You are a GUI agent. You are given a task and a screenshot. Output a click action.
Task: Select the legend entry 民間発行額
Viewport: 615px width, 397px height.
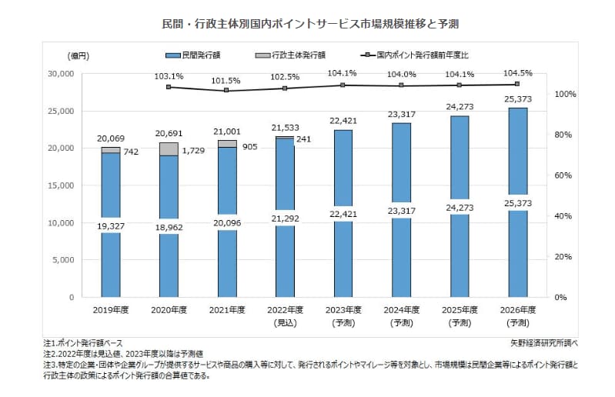pyautogui.click(x=199, y=55)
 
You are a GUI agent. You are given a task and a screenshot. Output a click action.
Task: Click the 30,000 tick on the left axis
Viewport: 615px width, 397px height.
pyautogui.click(x=59, y=74)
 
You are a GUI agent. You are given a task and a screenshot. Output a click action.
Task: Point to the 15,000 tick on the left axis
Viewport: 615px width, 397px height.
pyautogui.click(x=59, y=185)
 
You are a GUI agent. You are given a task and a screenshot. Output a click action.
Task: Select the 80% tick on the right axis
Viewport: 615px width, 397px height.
pyautogui.click(x=566, y=135)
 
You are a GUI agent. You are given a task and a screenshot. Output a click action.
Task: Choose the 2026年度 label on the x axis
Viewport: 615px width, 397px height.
pyautogui.click(x=516, y=309)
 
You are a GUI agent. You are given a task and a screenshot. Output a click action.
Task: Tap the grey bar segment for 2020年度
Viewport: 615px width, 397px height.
pyautogui.click(x=169, y=149)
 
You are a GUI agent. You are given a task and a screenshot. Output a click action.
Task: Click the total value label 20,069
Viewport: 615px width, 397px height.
pyautogui.click(x=111, y=138)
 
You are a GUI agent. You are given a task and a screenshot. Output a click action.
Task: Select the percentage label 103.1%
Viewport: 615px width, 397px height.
pyautogui.click(x=169, y=76)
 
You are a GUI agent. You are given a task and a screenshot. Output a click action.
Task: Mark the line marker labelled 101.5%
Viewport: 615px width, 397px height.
pyautogui.click(x=227, y=91)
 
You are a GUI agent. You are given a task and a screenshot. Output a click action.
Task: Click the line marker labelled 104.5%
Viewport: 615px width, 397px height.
pyautogui.click(x=516, y=85)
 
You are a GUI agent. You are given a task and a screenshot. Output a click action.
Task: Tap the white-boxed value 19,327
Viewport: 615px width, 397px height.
pyautogui.click(x=111, y=228)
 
